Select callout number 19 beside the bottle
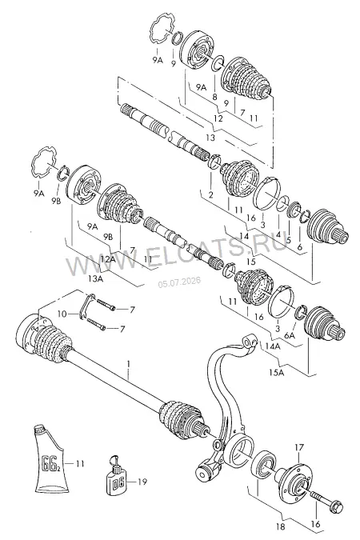pyautogui.click(x=142, y=482)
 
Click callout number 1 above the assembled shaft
pyautogui.click(x=129, y=364)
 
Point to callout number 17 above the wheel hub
pyautogui.click(x=299, y=447)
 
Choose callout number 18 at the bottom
pyautogui.click(x=281, y=526)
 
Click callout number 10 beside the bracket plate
pyautogui.click(x=62, y=314)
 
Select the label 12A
pyautogui.click(x=108, y=259)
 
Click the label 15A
pyautogui.click(x=277, y=373)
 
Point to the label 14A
pyautogui.click(x=273, y=346)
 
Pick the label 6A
pyautogui.click(x=290, y=334)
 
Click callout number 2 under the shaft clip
pyautogui.click(x=211, y=194)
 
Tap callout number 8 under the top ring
pyautogui.click(x=214, y=97)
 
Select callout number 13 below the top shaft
pyautogui.click(x=210, y=138)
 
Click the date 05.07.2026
pyautogui.click(x=179, y=282)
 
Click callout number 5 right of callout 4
pyautogui.click(x=289, y=240)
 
